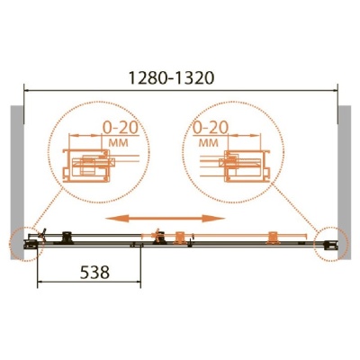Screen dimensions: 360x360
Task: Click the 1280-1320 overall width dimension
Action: (x=171, y=78)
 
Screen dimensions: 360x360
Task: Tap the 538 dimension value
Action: (x=94, y=273)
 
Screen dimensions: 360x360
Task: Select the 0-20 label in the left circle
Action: (x=121, y=128)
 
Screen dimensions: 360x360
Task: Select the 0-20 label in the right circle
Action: (x=211, y=128)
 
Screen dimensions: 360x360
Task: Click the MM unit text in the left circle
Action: (x=118, y=143)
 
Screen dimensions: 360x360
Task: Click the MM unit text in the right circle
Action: (x=209, y=143)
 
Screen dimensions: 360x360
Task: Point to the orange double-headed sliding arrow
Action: (x=166, y=219)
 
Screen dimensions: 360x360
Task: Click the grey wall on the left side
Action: (x=17, y=182)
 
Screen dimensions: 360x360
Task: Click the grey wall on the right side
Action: (x=344, y=182)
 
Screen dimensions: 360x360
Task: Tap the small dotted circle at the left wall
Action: (x=10, y=244)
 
